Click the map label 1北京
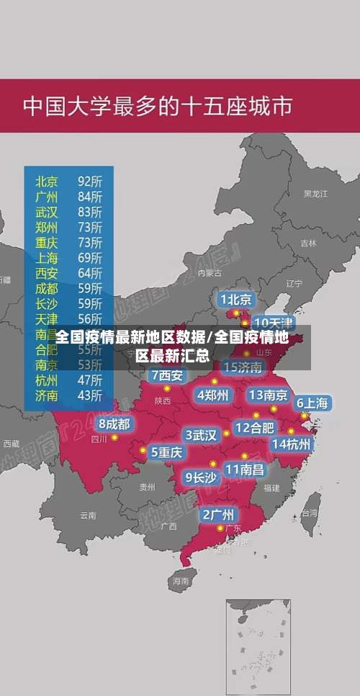235,299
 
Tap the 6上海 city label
312,403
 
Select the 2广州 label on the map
217,514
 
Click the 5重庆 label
166,452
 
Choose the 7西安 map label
167,375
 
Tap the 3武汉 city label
201,435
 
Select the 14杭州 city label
292,444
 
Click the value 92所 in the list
90,180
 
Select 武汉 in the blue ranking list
48,211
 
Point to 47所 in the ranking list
90,380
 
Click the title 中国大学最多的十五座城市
158,106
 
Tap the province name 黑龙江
315,194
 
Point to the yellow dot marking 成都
114,437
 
